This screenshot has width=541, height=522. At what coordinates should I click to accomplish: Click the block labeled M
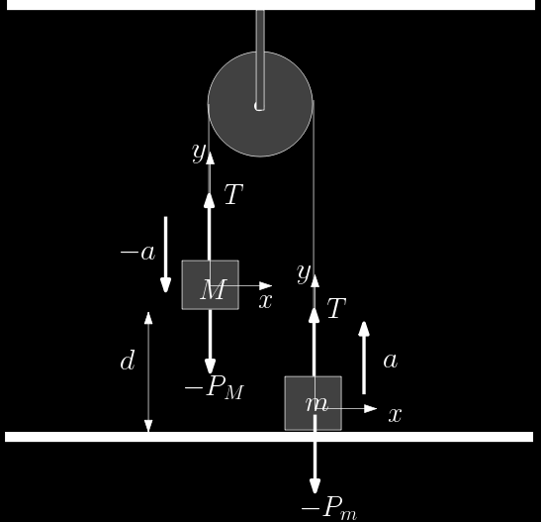point(210,284)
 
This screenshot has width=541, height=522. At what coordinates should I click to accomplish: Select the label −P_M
point(215,387)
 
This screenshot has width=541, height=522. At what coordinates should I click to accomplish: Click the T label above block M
point(233,194)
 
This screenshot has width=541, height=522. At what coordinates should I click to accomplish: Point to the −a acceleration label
point(137,253)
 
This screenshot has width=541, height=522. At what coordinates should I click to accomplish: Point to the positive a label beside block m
point(391,361)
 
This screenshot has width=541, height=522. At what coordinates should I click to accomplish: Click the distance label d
point(127,361)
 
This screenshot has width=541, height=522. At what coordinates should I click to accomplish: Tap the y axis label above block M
point(199,152)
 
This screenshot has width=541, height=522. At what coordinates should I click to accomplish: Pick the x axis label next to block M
point(265,301)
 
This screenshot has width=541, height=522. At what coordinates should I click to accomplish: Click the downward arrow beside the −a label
point(165,255)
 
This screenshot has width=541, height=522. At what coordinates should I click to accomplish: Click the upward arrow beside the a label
point(364,358)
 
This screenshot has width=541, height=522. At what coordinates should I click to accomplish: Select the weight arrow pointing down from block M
point(210,342)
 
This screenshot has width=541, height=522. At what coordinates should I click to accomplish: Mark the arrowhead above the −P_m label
point(315,486)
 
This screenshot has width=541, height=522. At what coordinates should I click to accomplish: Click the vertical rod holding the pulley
point(260,60)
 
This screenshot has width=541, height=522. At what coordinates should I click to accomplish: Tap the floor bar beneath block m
point(269,437)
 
